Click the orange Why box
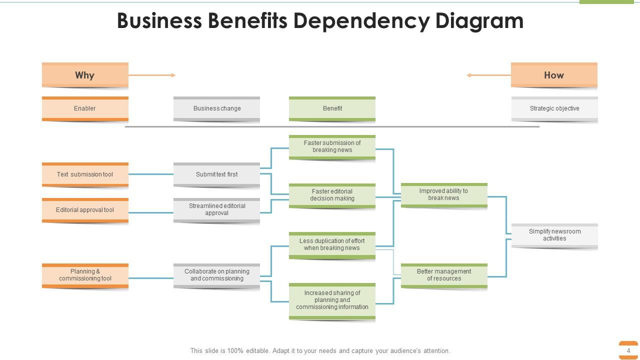point(85,75)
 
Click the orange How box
point(554,75)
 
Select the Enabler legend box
point(85,108)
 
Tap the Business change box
point(216,108)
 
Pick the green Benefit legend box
point(332,108)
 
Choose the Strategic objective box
point(554,108)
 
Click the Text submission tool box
point(85,174)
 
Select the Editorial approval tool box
point(85,210)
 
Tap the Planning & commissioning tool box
point(85,275)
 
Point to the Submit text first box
point(216,174)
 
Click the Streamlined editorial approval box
point(216,209)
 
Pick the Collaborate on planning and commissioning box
point(216,275)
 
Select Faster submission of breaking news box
point(332,147)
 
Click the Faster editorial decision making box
point(332,195)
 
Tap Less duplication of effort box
point(332,244)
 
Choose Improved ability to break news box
point(443,194)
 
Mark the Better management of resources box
point(443,275)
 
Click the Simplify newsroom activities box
point(554,235)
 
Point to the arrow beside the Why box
point(152,75)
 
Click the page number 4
point(628,350)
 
